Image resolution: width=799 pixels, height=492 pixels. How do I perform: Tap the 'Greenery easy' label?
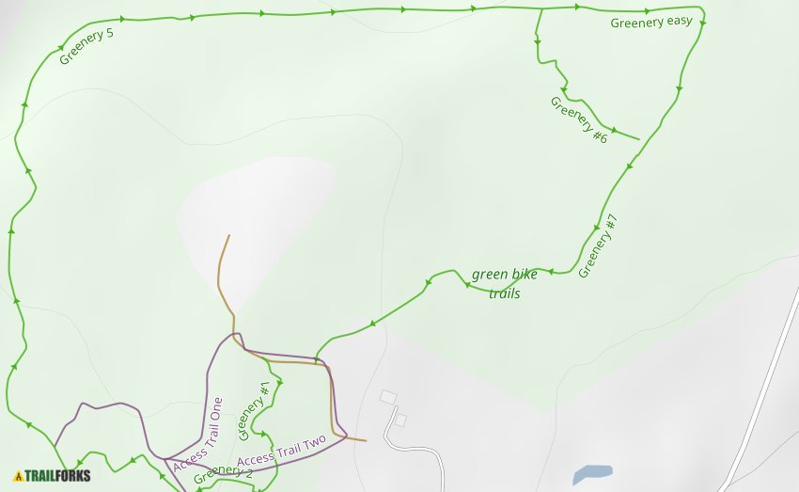click(650, 23)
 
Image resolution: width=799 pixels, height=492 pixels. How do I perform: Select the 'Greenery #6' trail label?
click(578, 119)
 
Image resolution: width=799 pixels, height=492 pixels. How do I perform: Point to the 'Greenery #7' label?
click(598, 246)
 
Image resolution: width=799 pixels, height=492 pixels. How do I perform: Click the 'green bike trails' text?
click(505, 283)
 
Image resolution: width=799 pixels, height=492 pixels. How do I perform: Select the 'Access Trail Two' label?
click(281, 451)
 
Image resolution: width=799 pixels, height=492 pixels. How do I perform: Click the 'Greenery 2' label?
click(223, 473)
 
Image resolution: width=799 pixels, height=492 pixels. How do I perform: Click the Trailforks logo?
click(53, 476)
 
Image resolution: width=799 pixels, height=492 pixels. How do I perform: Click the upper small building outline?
click(388, 397)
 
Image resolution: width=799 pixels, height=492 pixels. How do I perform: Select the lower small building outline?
click(399, 421)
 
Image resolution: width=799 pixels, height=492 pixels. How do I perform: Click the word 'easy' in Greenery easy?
click(679, 22)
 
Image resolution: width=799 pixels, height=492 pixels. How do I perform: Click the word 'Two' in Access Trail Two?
click(312, 441)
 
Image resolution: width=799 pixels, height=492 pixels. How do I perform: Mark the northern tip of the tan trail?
click(227, 235)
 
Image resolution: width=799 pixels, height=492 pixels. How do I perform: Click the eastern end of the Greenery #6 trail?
click(639, 140)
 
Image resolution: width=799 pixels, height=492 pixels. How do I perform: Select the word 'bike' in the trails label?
click(525, 275)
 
